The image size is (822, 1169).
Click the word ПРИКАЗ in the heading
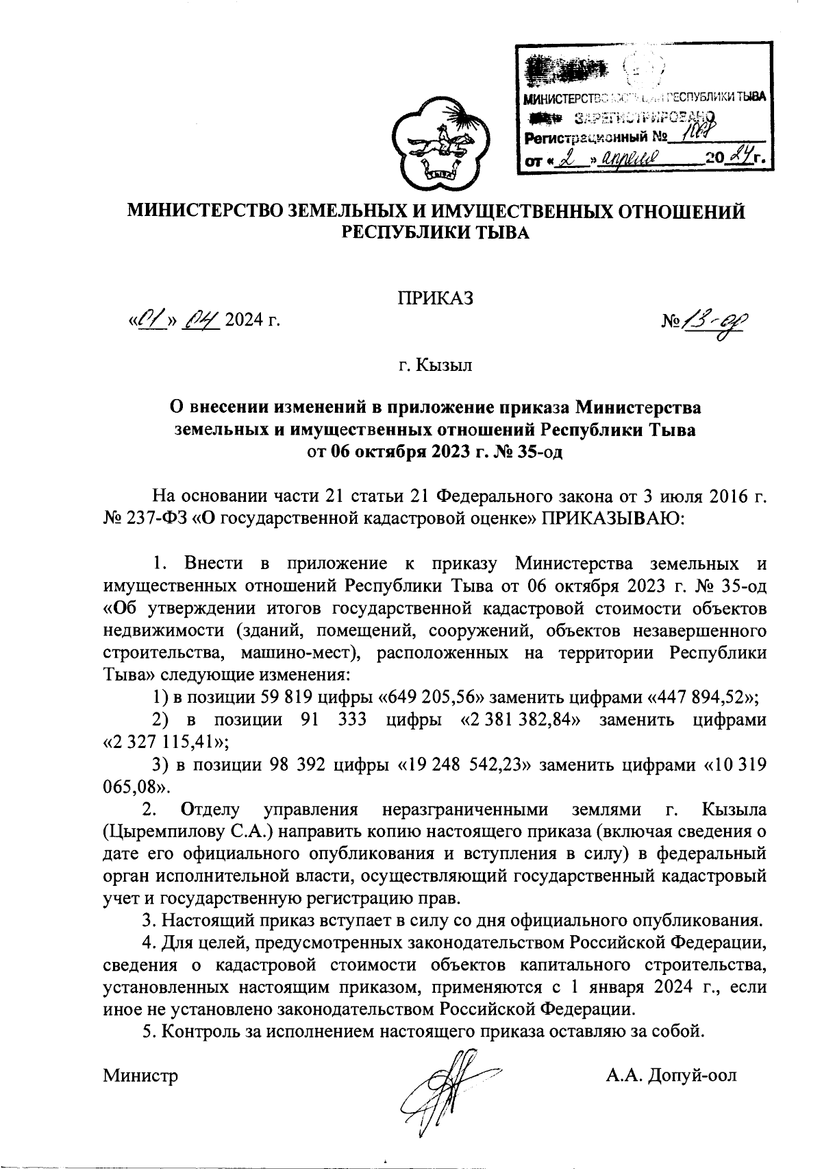pos(435,298)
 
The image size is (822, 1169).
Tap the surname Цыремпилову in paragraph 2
pos(174,832)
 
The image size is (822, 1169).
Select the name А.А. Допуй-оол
pos(671,1075)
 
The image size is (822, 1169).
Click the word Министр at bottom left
pos(140,1075)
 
